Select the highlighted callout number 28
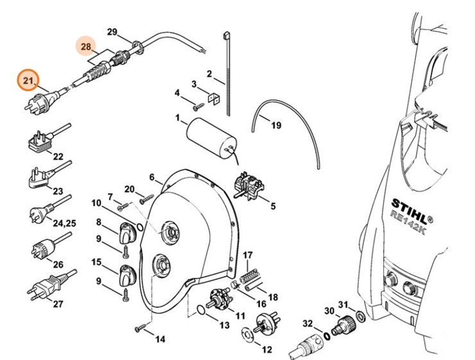87,47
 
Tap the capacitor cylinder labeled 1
209,136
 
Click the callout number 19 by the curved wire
275,126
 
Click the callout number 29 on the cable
112,32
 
